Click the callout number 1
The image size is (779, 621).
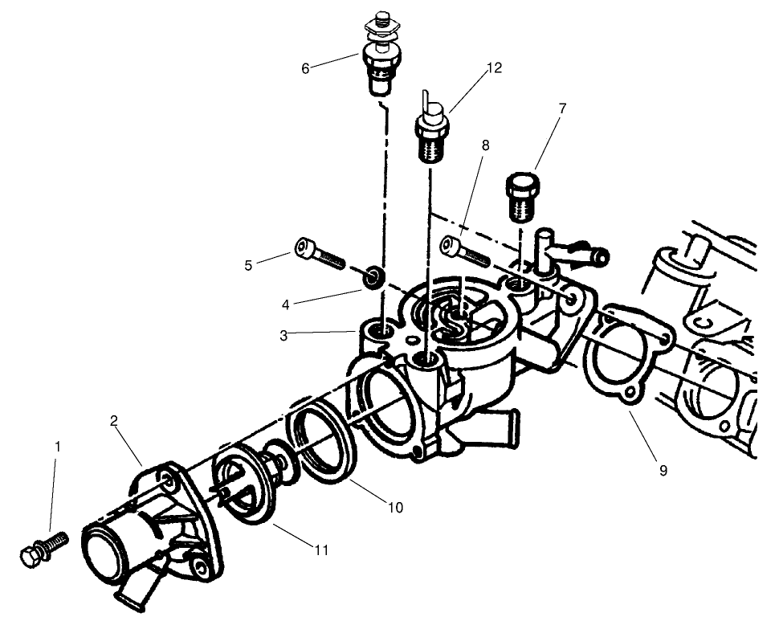tap(57, 445)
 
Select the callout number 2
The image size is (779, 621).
tap(114, 420)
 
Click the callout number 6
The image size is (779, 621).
tap(305, 68)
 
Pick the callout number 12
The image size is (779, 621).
tap(494, 68)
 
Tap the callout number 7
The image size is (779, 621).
tap(562, 107)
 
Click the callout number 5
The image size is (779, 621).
tap(249, 264)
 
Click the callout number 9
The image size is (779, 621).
tap(663, 471)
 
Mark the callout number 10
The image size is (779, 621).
tap(394, 507)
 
